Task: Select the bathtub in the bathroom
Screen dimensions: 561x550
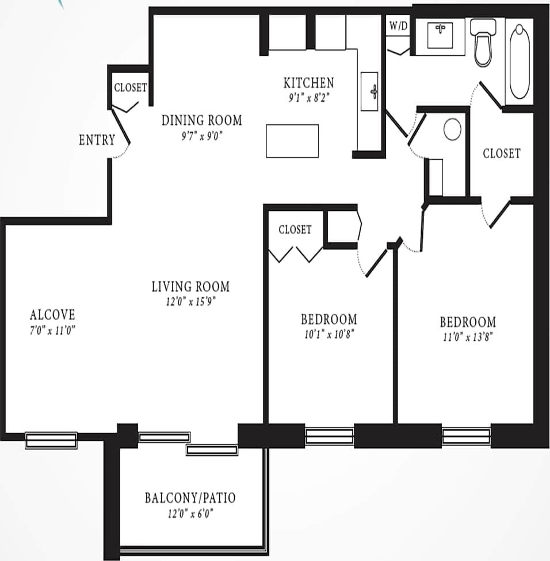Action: [520, 61]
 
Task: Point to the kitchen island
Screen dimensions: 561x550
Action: [292, 141]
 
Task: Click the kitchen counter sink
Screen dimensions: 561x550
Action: [370, 91]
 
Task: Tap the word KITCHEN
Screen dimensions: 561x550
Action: [308, 83]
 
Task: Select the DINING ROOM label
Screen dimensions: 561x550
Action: [201, 120]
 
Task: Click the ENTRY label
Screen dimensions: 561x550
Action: [97, 140]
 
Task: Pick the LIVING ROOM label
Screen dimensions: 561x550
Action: [190, 286]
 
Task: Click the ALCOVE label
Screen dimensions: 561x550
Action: [52, 314]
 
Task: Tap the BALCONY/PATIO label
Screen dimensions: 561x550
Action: [190, 497]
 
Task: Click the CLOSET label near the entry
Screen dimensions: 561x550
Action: [130, 88]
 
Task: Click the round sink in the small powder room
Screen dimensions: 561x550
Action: [453, 129]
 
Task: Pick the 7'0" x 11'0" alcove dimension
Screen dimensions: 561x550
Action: [52, 330]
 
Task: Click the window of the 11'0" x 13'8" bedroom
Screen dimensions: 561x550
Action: [466, 436]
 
